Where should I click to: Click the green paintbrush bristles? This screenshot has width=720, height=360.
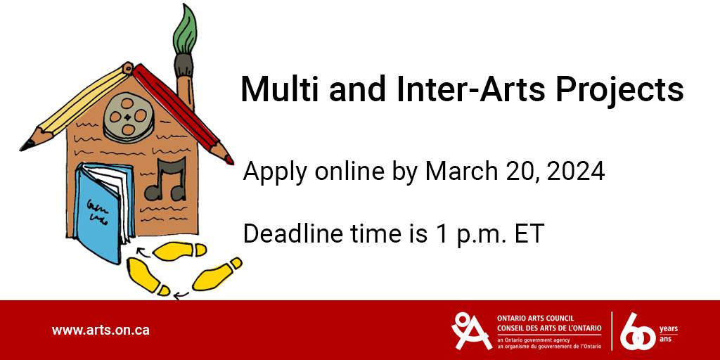click(185, 30)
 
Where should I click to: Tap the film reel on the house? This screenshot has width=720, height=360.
click(128, 117)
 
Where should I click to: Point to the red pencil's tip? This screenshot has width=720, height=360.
click(229, 160)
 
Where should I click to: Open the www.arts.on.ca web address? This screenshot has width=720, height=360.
click(101, 330)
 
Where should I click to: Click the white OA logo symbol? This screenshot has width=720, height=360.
click(472, 330)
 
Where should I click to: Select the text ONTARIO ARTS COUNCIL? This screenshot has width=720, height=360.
click(535, 319)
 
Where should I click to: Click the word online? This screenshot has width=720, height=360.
click(349, 172)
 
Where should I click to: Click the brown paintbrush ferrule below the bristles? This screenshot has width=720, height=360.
click(184, 65)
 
